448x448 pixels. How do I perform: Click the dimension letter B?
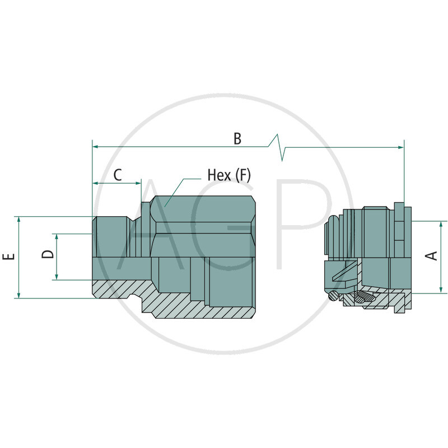coord(237,138)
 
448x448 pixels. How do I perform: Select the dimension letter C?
coord(117,175)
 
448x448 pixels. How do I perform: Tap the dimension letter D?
coord(49,255)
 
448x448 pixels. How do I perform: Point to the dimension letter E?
coord(8,257)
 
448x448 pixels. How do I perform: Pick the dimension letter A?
coord(432,256)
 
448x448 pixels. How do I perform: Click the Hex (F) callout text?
coord(229,175)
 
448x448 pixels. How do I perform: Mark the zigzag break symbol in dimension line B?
coord(278,147)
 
